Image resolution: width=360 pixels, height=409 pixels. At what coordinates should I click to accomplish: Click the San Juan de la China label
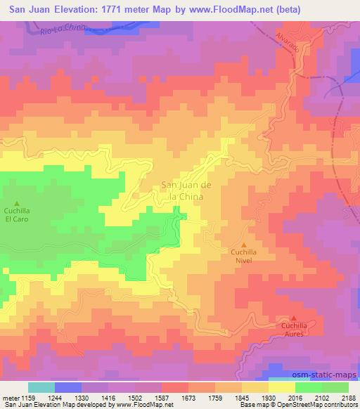[183, 191]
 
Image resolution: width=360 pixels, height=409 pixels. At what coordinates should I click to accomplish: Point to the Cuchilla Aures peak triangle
[294, 318]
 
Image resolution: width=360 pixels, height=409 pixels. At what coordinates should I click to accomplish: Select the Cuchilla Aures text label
[294, 330]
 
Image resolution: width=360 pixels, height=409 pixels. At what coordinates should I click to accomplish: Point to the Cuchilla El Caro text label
[18, 214]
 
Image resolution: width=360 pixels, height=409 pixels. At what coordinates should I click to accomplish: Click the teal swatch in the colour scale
[41, 387]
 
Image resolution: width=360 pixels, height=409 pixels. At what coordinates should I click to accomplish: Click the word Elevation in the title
[85, 10]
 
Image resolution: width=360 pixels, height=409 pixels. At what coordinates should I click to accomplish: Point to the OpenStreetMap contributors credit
[322, 405]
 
